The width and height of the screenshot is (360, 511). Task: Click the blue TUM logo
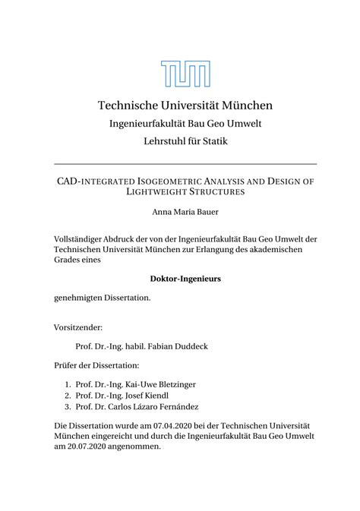[185, 74]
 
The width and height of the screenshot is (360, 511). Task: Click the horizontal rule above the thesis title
[185, 163]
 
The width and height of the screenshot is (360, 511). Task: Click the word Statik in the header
[213, 140]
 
